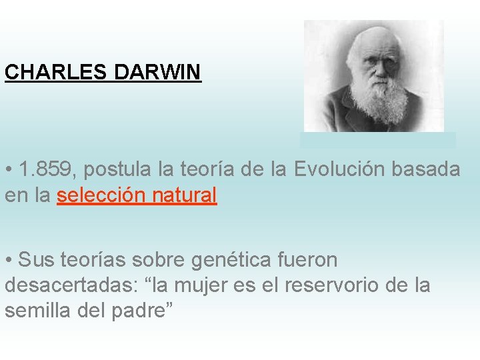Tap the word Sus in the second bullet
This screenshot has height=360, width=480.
[35, 259]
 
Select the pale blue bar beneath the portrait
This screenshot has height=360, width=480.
[377, 140]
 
